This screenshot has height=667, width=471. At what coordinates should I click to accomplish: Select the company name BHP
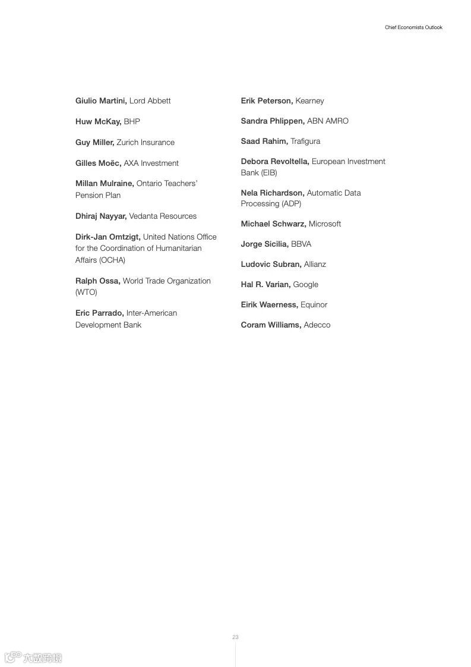pyautogui.click(x=132, y=122)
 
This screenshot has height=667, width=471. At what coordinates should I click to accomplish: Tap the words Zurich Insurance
pyautogui.click(x=146, y=143)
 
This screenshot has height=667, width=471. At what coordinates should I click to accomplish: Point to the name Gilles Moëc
pyautogui.click(x=98, y=163)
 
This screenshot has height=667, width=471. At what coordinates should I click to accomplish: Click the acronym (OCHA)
pyautogui.click(x=112, y=260)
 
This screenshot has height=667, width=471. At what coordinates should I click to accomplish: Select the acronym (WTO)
pyautogui.click(x=86, y=292)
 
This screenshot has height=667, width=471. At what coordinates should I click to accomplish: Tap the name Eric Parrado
pyautogui.click(x=99, y=313)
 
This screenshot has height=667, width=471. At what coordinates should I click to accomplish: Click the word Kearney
pyautogui.click(x=309, y=101)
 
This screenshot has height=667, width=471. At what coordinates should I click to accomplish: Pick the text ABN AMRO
pyautogui.click(x=328, y=121)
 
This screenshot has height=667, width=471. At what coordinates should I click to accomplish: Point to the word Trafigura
pyautogui.click(x=305, y=141)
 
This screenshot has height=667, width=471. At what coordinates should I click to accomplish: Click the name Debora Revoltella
pyautogui.click(x=275, y=162)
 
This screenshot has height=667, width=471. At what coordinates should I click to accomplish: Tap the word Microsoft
pyautogui.click(x=325, y=224)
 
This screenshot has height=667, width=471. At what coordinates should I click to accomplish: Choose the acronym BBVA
pyautogui.click(x=301, y=244)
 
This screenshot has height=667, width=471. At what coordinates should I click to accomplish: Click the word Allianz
pyautogui.click(x=315, y=265)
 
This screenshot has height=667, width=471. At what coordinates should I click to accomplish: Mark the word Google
pyautogui.click(x=306, y=285)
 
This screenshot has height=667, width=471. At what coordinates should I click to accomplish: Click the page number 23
pyautogui.click(x=235, y=637)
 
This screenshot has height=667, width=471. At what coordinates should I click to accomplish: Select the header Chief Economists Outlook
pyautogui.click(x=413, y=28)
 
